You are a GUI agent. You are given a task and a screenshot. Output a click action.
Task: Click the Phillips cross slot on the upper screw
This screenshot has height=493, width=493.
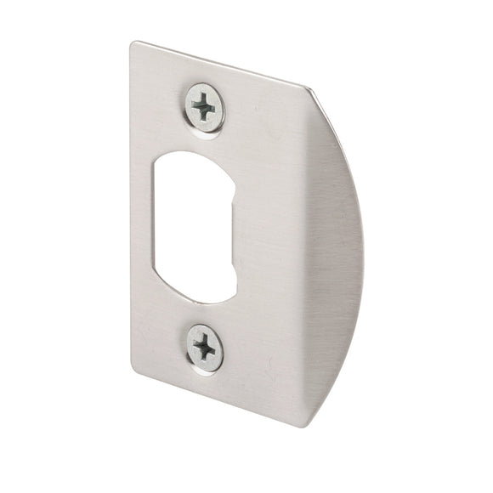point(205,107)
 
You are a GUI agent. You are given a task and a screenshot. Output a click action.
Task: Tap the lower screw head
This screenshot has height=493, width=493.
point(205,348)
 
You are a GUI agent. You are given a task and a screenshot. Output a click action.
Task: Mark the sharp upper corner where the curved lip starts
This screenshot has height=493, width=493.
point(307,87)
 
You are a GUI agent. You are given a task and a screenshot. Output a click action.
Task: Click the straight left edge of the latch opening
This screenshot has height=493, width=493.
point(161,225)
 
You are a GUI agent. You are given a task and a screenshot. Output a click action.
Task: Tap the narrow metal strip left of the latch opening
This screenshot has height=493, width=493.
point(146,225)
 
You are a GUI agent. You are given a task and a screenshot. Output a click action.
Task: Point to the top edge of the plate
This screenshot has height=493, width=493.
point(221,64)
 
